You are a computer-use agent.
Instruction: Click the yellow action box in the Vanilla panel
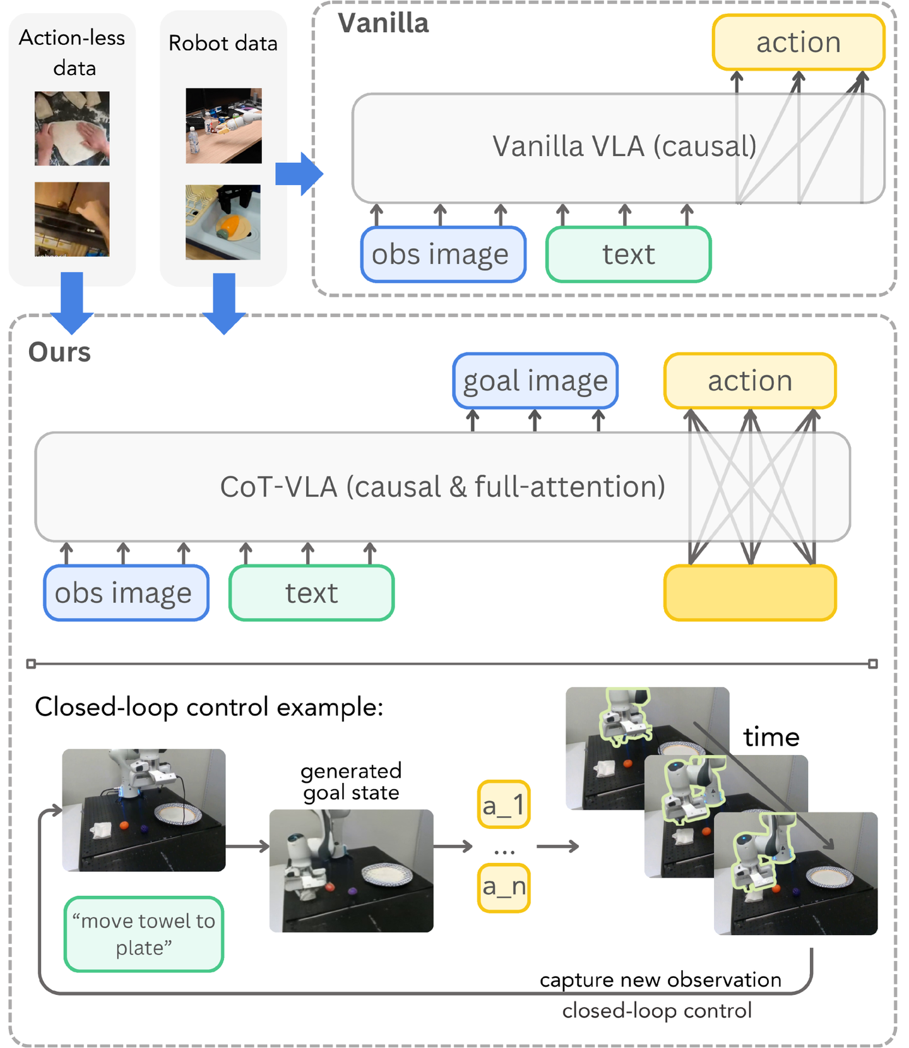(x=798, y=42)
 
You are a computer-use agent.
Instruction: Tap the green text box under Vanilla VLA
(x=628, y=254)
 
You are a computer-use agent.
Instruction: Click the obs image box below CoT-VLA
(x=126, y=593)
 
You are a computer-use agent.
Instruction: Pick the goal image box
(x=535, y=381)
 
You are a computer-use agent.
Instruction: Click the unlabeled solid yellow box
(x=749, y=593)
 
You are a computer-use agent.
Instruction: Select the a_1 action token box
(x=503, y=805)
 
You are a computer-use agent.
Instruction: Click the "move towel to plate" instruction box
(x=144, y=934)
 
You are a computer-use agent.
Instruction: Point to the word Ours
(x=59, y=352)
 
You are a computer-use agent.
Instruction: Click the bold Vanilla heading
(x=383, y=23)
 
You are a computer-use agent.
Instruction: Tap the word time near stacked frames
(x=771, y=737)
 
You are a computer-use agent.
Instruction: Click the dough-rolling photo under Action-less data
(x=72, y=128)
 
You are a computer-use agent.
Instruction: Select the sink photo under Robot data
(x=223, y=222)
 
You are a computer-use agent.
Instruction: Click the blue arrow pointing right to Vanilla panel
(x=299, y=173)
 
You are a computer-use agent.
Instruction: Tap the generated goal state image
(x=351, y=870)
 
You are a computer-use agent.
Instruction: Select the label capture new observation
(x=660, y=979)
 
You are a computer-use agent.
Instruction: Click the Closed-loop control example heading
(x=209, y=707)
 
